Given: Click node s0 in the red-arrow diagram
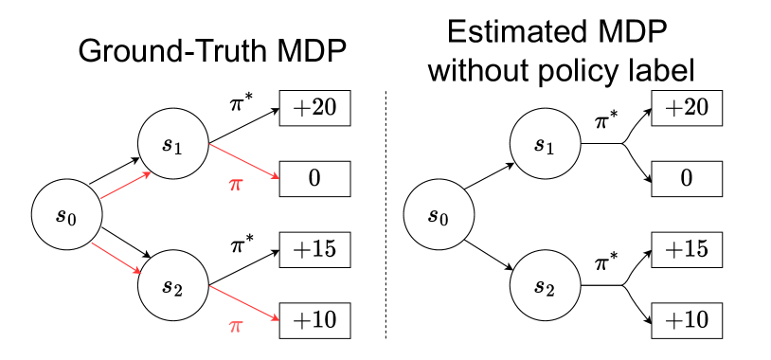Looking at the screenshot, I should (66, 214).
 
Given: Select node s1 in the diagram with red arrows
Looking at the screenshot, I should (172, 144).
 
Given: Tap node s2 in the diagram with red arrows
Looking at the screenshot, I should (172, 285).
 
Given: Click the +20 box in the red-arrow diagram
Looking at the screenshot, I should (314, 108).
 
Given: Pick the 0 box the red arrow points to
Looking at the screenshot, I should (314, 179).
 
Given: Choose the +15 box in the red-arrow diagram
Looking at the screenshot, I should (314, 249).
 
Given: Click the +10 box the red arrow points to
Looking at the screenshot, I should (314, 320).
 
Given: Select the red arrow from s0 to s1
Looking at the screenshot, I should (125, 186).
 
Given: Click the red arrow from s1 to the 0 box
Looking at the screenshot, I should (243, 161).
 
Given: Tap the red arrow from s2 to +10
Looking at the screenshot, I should (243, 302).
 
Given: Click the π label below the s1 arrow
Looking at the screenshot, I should (236, 185).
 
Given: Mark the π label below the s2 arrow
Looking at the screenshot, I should (236, 327).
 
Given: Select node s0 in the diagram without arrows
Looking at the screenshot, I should (439, 214).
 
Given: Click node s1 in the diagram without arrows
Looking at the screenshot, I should (545, 144).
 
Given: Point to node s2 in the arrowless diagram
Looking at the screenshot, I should (545, 285).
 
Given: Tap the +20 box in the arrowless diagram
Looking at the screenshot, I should (687, 108).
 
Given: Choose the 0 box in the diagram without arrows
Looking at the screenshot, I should (687, 179).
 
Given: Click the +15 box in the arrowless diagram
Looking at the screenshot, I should (687, 249).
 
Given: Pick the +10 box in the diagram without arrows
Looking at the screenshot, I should (687, 320).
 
